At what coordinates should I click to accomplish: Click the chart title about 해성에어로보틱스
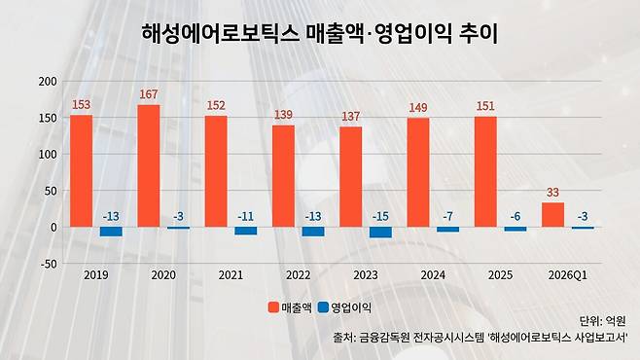[x=320, y=33]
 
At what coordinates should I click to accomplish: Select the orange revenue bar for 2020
[x=149, y=165]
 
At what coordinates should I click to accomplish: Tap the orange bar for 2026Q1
[x=553, y=215]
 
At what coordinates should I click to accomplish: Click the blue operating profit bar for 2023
[x=380, y=233]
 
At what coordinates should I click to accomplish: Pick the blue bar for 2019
[x=111, y=232]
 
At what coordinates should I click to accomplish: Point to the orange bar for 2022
[x=283, y=176]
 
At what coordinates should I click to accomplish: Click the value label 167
[x=149, y=94]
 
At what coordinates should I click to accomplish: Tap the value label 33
[x=552, y=192]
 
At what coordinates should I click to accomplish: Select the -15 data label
[x=380, y=216]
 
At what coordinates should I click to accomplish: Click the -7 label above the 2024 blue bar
[x=447, y=216]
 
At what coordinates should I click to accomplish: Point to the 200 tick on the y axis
[x=48, y=81]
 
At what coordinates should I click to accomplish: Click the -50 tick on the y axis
[x=49, y=264]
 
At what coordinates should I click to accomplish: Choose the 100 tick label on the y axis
[x=48, y=155]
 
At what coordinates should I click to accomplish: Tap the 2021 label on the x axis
[x=231, y=275]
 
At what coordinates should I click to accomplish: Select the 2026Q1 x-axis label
[x=567, y=275]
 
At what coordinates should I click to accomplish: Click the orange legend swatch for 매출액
[x=273, y=307]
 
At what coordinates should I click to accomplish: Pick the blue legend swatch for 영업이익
[x=323, y=307]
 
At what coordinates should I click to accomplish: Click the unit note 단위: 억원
[x=602, y=321]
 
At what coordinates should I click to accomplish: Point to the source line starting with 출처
[x=480, y=338]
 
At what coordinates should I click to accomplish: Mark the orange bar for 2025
[x=485, y=172]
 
